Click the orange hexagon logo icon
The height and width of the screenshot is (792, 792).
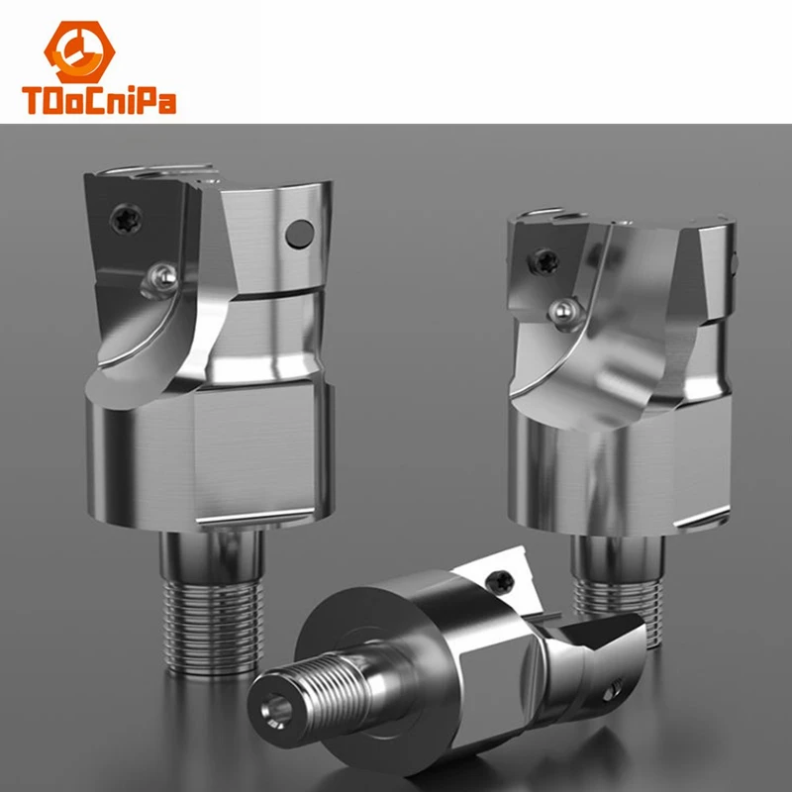point(79,51)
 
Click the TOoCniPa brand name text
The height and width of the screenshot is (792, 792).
point(99,101)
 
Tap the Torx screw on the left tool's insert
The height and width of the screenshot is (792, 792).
point(126,219)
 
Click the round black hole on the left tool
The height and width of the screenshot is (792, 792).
point(300,235)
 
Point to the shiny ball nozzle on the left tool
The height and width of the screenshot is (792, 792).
point(164,277)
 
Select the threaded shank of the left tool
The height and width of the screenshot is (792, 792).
point(214,627)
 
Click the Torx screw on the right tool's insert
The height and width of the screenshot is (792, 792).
point(544,261)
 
